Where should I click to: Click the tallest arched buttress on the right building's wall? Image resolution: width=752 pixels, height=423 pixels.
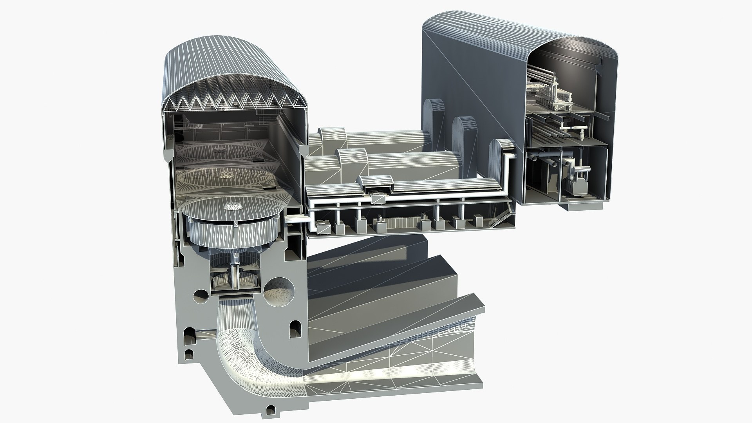tap(434, 114)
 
